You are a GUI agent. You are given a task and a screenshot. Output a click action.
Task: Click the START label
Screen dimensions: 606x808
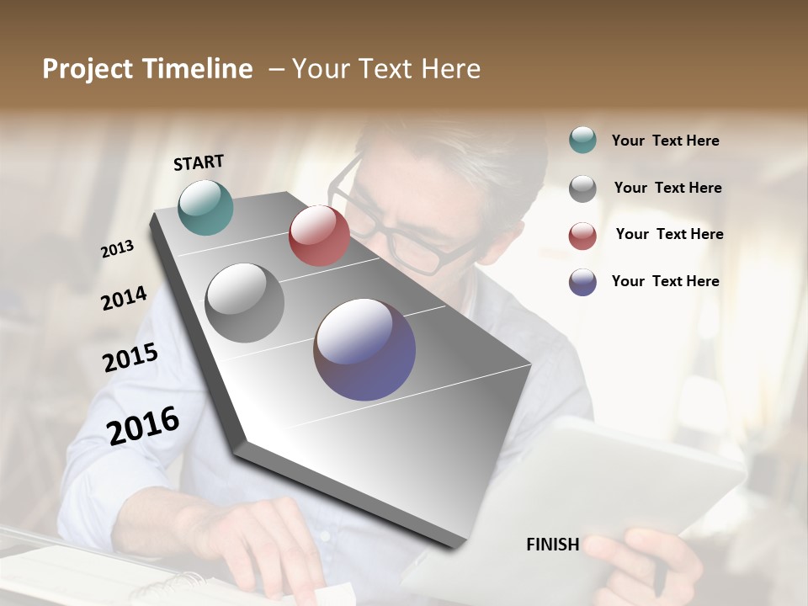[199, 162]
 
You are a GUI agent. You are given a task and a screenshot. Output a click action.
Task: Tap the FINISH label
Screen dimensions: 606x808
[552, 545]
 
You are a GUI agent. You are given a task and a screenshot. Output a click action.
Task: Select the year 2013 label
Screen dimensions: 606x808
[117, 249]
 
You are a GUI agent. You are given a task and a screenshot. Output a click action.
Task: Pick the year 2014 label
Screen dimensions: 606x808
[124, 299]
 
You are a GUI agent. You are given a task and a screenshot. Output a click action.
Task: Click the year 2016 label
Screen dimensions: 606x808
[143, 425]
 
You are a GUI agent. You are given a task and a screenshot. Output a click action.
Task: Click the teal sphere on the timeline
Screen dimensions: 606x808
[205, 207]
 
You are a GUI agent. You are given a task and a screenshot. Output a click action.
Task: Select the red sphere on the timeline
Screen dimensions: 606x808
[319, 236]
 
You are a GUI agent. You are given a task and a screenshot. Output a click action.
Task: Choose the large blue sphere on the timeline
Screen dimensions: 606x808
[364, 349]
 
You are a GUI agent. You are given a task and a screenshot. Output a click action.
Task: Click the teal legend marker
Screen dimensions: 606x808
[582, 140]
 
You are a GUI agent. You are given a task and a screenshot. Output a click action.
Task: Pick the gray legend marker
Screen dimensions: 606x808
[582, 188]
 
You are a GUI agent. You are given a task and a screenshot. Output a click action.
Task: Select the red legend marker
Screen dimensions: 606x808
[582, 235]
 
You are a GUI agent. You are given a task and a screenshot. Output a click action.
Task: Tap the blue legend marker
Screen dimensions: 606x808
[582, 282]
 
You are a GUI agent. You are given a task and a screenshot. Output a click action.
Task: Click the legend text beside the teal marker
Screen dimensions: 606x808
[665, 141]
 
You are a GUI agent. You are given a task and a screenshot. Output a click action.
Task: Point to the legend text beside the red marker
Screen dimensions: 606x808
[669, 234]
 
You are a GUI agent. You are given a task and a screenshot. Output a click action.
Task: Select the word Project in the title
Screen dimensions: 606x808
[88, 69]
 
